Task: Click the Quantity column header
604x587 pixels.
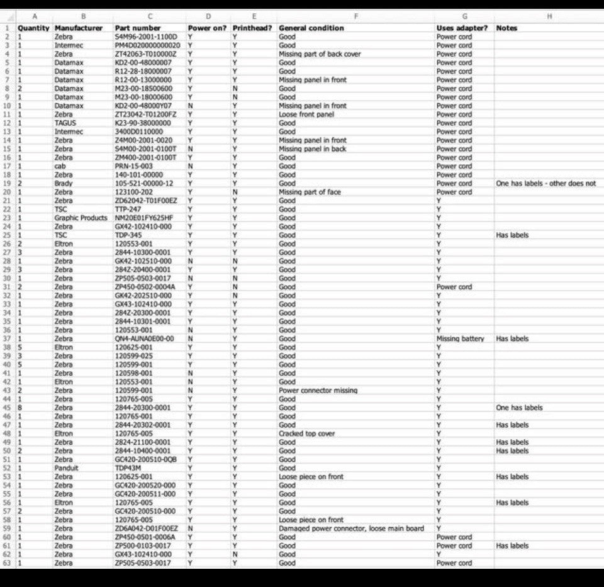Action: (33, 28)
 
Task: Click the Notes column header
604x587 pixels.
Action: (506, 28)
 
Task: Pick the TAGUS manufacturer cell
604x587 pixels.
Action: (65, 123)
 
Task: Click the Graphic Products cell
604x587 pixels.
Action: (81, 218)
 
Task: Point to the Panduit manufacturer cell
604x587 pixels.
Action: (67, 468)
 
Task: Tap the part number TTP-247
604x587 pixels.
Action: (128, 210)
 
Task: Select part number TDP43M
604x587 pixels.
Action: (128, 468)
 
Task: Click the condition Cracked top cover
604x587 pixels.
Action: (306, 434)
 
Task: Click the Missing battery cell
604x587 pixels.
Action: (460, 339)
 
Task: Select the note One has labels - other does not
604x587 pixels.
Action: (545, 184)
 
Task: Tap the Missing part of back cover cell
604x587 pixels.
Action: (320, 54)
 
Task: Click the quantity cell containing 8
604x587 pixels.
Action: (20, 408)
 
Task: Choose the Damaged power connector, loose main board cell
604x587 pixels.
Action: (351, 528)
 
